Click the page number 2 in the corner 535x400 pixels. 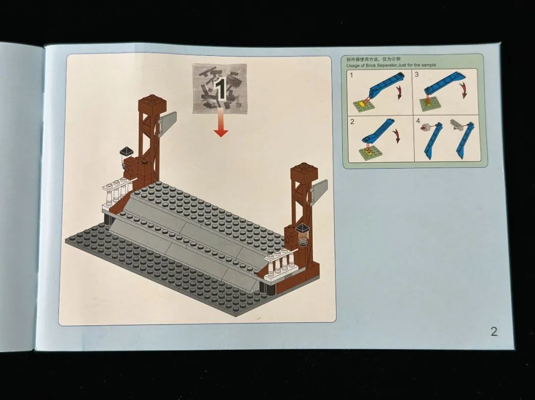click(x=494, y=331)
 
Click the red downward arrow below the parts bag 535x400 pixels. click(x=221, y=123)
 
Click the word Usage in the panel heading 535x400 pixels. click(x=353, y=65)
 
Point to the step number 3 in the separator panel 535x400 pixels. click(x=417, y=75)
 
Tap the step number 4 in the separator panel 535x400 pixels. click(x=418, y=121)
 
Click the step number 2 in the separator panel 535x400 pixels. click(x=352, y=122)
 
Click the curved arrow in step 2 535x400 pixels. click(x=396, y=136)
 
